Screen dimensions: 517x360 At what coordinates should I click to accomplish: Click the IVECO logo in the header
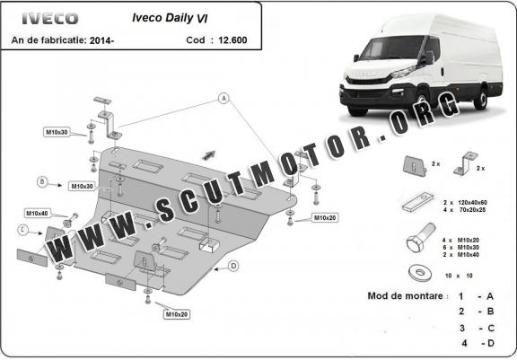point(50,18)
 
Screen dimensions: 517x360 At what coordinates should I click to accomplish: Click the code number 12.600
point(232,40)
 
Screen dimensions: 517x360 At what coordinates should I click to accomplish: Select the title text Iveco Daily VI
point(170,18)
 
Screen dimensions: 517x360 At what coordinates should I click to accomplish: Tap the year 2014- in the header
point(101,40)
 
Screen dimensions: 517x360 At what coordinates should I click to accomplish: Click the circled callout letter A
point(223,98)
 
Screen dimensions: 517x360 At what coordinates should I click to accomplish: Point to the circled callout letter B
point(42,181)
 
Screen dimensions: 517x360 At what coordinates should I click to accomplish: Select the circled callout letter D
point(233,266)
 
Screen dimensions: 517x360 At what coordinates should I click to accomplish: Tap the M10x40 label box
point(38,214)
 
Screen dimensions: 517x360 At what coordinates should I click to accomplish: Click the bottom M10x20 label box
point(177,314)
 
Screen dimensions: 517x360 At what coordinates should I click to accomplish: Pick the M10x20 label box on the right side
point(325,217)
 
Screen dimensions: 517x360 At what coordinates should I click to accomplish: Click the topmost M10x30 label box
point(57,132)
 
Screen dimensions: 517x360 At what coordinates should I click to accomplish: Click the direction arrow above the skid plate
point(209,155)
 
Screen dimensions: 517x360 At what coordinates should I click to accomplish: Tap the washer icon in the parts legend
point(420,273)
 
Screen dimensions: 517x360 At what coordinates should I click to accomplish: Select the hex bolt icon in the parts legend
point(421,237)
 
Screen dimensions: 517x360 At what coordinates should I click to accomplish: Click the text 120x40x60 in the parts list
point(472,202)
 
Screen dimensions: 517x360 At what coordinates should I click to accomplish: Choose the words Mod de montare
point(405,295)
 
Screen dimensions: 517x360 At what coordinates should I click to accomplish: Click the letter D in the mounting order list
point(491,343)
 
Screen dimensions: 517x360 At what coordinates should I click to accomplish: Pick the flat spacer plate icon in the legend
point(417,201)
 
